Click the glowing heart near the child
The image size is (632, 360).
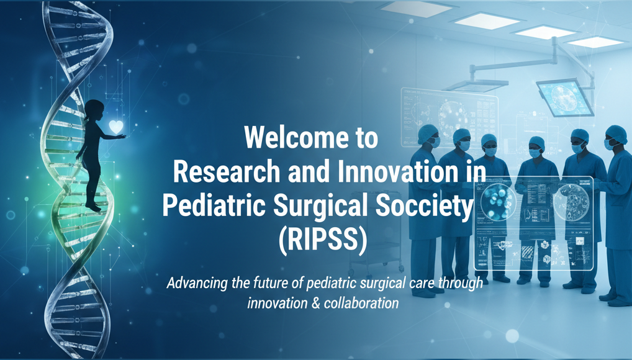coord(115,126)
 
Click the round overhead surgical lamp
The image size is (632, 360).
coord(563,98)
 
